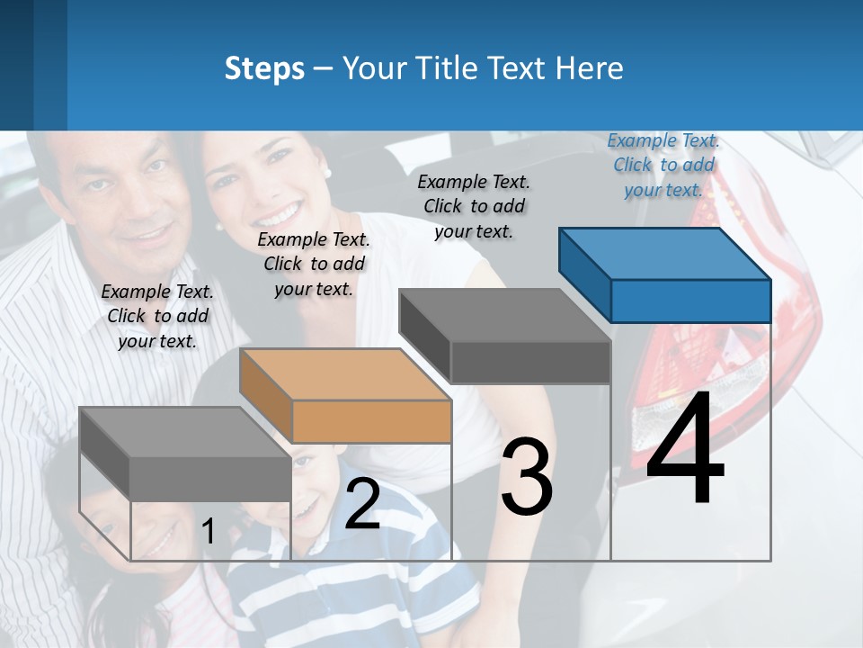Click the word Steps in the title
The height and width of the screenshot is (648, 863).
pos(264,68)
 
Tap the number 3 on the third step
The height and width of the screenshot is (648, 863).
pos(527,476)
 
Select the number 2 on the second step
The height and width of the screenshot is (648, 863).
pos(362,504)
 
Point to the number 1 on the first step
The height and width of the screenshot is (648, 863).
pos(208,531)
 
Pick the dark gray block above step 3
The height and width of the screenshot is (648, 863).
pos(506,335)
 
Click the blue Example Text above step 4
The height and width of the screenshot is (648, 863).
pos(663,165)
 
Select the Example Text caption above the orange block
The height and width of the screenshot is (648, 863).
pos(314,264)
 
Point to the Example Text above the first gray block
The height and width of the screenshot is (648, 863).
pos(157,316)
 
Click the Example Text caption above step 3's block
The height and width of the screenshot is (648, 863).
pos(474,206)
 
